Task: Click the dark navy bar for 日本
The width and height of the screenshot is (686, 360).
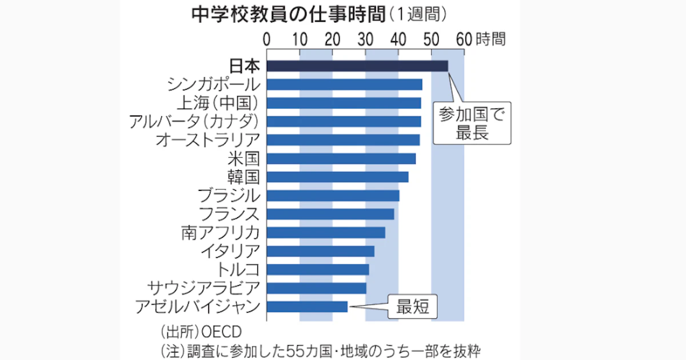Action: [x=357, y=66]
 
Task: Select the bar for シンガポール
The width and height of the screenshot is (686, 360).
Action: [x=344, y=85]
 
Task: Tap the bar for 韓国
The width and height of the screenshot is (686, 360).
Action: [x=337, y=177]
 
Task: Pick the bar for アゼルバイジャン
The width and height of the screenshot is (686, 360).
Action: [x=307, y=307]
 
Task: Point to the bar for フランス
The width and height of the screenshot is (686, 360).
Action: [x=330, y=214]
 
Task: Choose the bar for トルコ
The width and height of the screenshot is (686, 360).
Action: [x=318, y=269]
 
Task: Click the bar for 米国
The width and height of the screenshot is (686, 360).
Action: [x=341, y=158]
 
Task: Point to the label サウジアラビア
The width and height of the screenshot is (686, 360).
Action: [x=204, y=287]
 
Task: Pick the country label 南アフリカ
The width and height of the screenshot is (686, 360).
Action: [x=221, y=233]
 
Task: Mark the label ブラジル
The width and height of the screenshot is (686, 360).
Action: [x=229, y=195]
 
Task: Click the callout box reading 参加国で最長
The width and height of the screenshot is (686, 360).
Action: [x=472, y=124]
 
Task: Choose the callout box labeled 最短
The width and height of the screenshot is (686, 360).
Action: [x=413, y=307]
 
